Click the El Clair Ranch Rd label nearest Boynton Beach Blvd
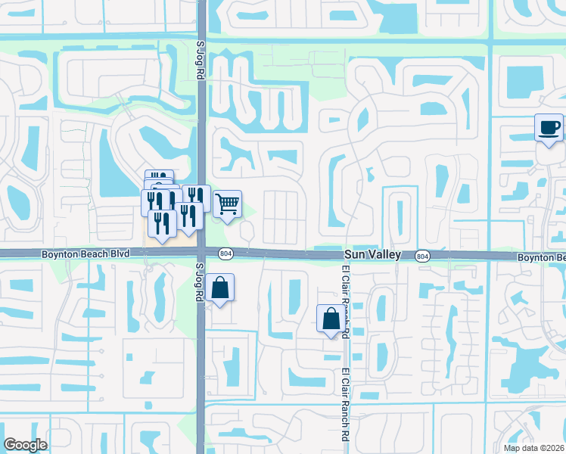[x=345, y=299]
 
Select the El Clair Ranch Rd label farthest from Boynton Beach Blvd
[x=345, y=405]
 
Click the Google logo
[x=26, y=445]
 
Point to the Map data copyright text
[x=534, y=448]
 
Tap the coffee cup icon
[x=549, y=127]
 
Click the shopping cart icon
[x=227, y=204]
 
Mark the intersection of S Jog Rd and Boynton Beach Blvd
[x=201, y=255]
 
